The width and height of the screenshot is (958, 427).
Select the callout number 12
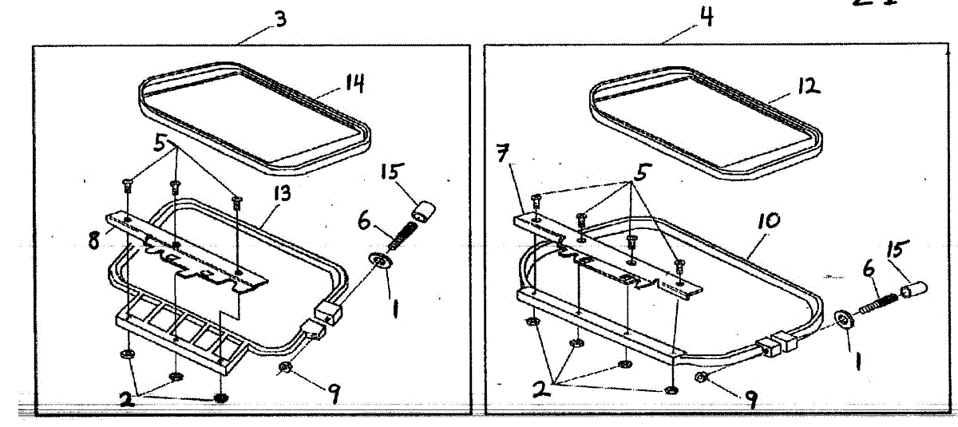coord(809,86)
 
